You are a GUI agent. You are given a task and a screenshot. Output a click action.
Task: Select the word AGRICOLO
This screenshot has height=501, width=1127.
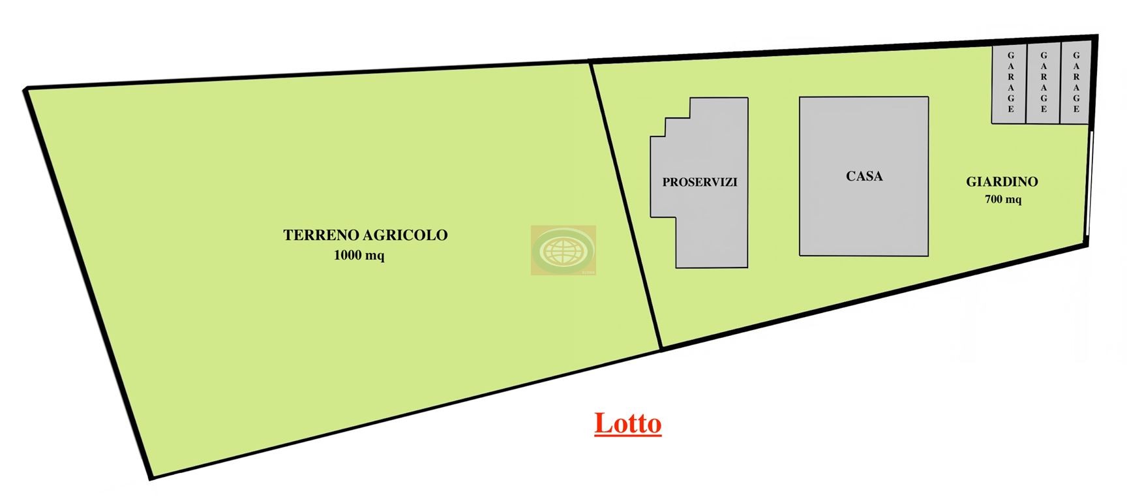pos(405,235)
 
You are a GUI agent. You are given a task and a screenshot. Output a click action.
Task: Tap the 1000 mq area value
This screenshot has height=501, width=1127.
pos(359,255)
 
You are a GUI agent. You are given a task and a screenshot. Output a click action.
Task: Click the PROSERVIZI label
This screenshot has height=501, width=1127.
pos(700,183)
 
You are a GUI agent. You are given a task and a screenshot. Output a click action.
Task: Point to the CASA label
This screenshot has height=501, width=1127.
pos(864,176)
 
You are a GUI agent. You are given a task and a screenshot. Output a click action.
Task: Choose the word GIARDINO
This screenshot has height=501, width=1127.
pos(1002,182)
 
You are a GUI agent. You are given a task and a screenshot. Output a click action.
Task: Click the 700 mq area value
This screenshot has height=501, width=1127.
pos(1003,199)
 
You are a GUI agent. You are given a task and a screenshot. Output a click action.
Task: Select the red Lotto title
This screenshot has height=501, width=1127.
pos(627,423)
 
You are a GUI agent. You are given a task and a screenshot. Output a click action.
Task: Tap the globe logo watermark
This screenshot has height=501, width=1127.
pos(563,250)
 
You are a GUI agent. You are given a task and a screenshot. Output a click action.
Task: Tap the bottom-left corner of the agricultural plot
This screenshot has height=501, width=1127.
pos(151,477)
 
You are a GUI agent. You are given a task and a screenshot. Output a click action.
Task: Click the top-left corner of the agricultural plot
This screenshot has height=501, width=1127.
pos(26,89)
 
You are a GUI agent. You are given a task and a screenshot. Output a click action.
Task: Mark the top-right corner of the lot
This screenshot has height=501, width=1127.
pos(1096,37)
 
